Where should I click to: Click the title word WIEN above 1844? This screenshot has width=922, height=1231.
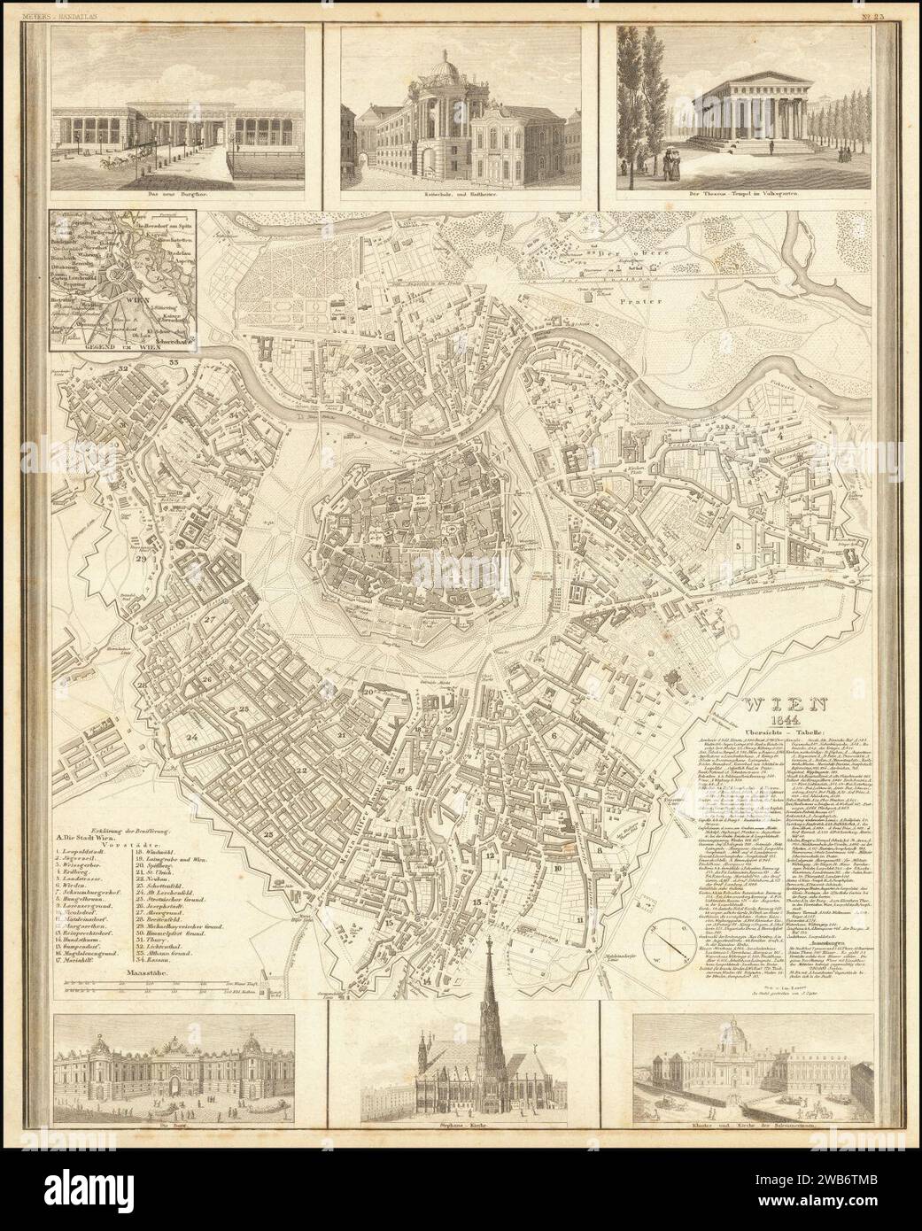(786, 706)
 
